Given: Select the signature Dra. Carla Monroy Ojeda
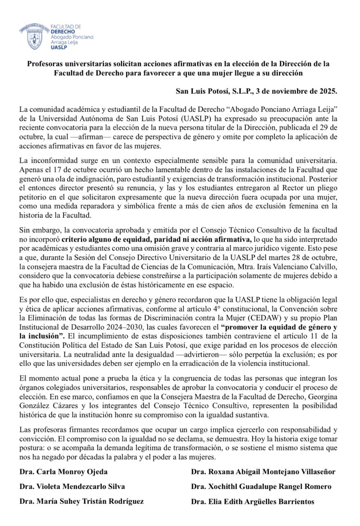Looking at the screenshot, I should click(x=63, y=472).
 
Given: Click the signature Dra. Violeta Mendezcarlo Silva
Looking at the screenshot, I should click(x=72, y=487).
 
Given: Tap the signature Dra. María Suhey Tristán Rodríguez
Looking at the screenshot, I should click(x=81, y=501).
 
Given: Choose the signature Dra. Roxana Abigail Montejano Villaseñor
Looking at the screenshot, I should click(x=263, y=472).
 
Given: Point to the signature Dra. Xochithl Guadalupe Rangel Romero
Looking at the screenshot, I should click(x=261, y=487).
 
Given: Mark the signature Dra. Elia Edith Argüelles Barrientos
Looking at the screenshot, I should click(x=252, y=501).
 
